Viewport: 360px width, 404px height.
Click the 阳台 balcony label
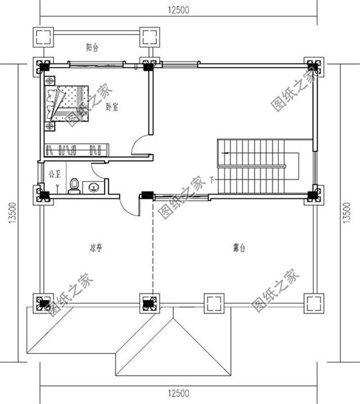tap(93, 48)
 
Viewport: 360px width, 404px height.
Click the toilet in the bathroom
tap(73, 186)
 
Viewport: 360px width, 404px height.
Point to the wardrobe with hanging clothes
tap(76, 149)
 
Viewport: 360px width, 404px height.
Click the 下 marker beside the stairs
tap(211, 180)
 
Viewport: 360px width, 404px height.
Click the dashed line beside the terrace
tap(152, 247)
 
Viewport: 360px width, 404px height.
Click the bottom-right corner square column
tap(313, 303)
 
